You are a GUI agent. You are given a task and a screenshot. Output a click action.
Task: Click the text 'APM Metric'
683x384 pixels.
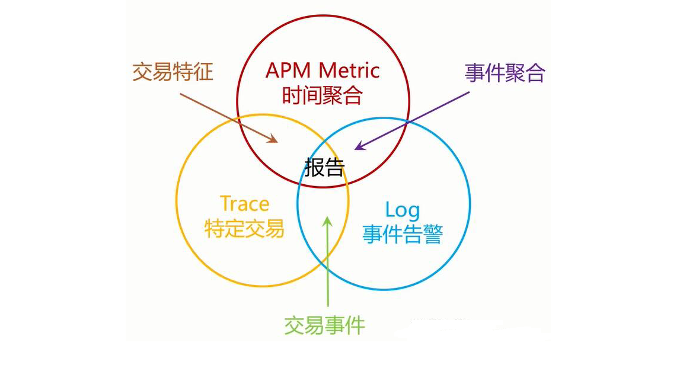(323, 71)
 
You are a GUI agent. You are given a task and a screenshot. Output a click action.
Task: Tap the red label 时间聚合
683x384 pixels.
(323, 95)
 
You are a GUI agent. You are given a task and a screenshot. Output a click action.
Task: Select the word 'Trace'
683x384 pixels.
(244, 204)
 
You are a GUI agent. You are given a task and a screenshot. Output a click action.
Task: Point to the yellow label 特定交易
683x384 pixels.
(244, 228)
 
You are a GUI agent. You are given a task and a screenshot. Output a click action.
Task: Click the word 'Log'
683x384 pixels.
(403, 210)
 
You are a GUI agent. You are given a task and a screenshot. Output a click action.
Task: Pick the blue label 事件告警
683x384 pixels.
(403, 234)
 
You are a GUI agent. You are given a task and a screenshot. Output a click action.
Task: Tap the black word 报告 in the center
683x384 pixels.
(324, 168)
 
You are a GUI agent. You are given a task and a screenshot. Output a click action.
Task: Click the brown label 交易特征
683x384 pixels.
(173, 72)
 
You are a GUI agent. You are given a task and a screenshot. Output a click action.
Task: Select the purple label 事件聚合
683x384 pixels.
(505, 72)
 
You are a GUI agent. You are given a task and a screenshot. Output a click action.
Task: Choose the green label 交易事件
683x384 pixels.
(324, 325)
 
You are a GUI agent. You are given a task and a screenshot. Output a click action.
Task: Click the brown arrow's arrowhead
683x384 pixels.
(273, 140)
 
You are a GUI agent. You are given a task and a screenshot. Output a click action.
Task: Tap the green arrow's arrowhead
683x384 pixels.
(327, 221)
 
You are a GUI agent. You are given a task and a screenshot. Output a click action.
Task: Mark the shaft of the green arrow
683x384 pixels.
(327, 267)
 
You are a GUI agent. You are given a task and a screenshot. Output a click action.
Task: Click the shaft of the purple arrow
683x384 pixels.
(415, 119)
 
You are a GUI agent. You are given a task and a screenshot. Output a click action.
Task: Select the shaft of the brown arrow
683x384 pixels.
(225, 116)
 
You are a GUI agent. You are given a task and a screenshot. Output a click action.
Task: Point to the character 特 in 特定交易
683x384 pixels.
(214, 228)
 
